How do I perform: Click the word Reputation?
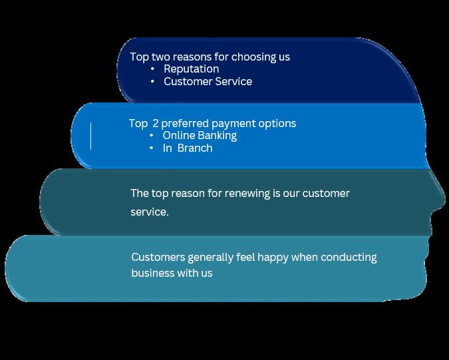point(191,69)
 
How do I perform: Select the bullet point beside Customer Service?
point(152,81)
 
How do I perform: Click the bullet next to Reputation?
point(152,69)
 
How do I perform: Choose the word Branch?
point(195,148)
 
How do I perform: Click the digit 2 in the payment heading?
point(156,123)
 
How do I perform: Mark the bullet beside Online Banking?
point(152,135)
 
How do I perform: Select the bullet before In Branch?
point(152,148)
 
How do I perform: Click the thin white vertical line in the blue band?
point(90,136)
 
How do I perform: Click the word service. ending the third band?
point(149,212)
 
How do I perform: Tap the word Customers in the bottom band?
point(157,257)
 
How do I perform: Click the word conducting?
point(349,257)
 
